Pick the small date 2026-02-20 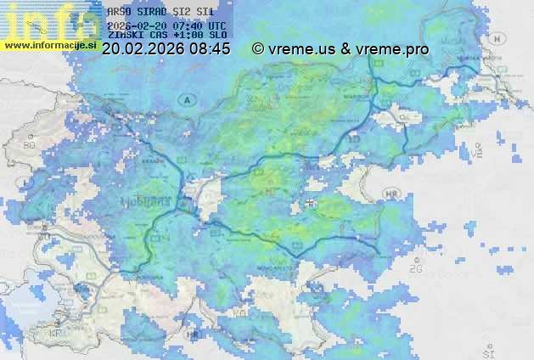coord(138,25)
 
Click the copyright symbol coord(258,49)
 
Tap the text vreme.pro coord(391,49)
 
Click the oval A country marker coord(186,99)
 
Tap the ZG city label coord(416,269)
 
